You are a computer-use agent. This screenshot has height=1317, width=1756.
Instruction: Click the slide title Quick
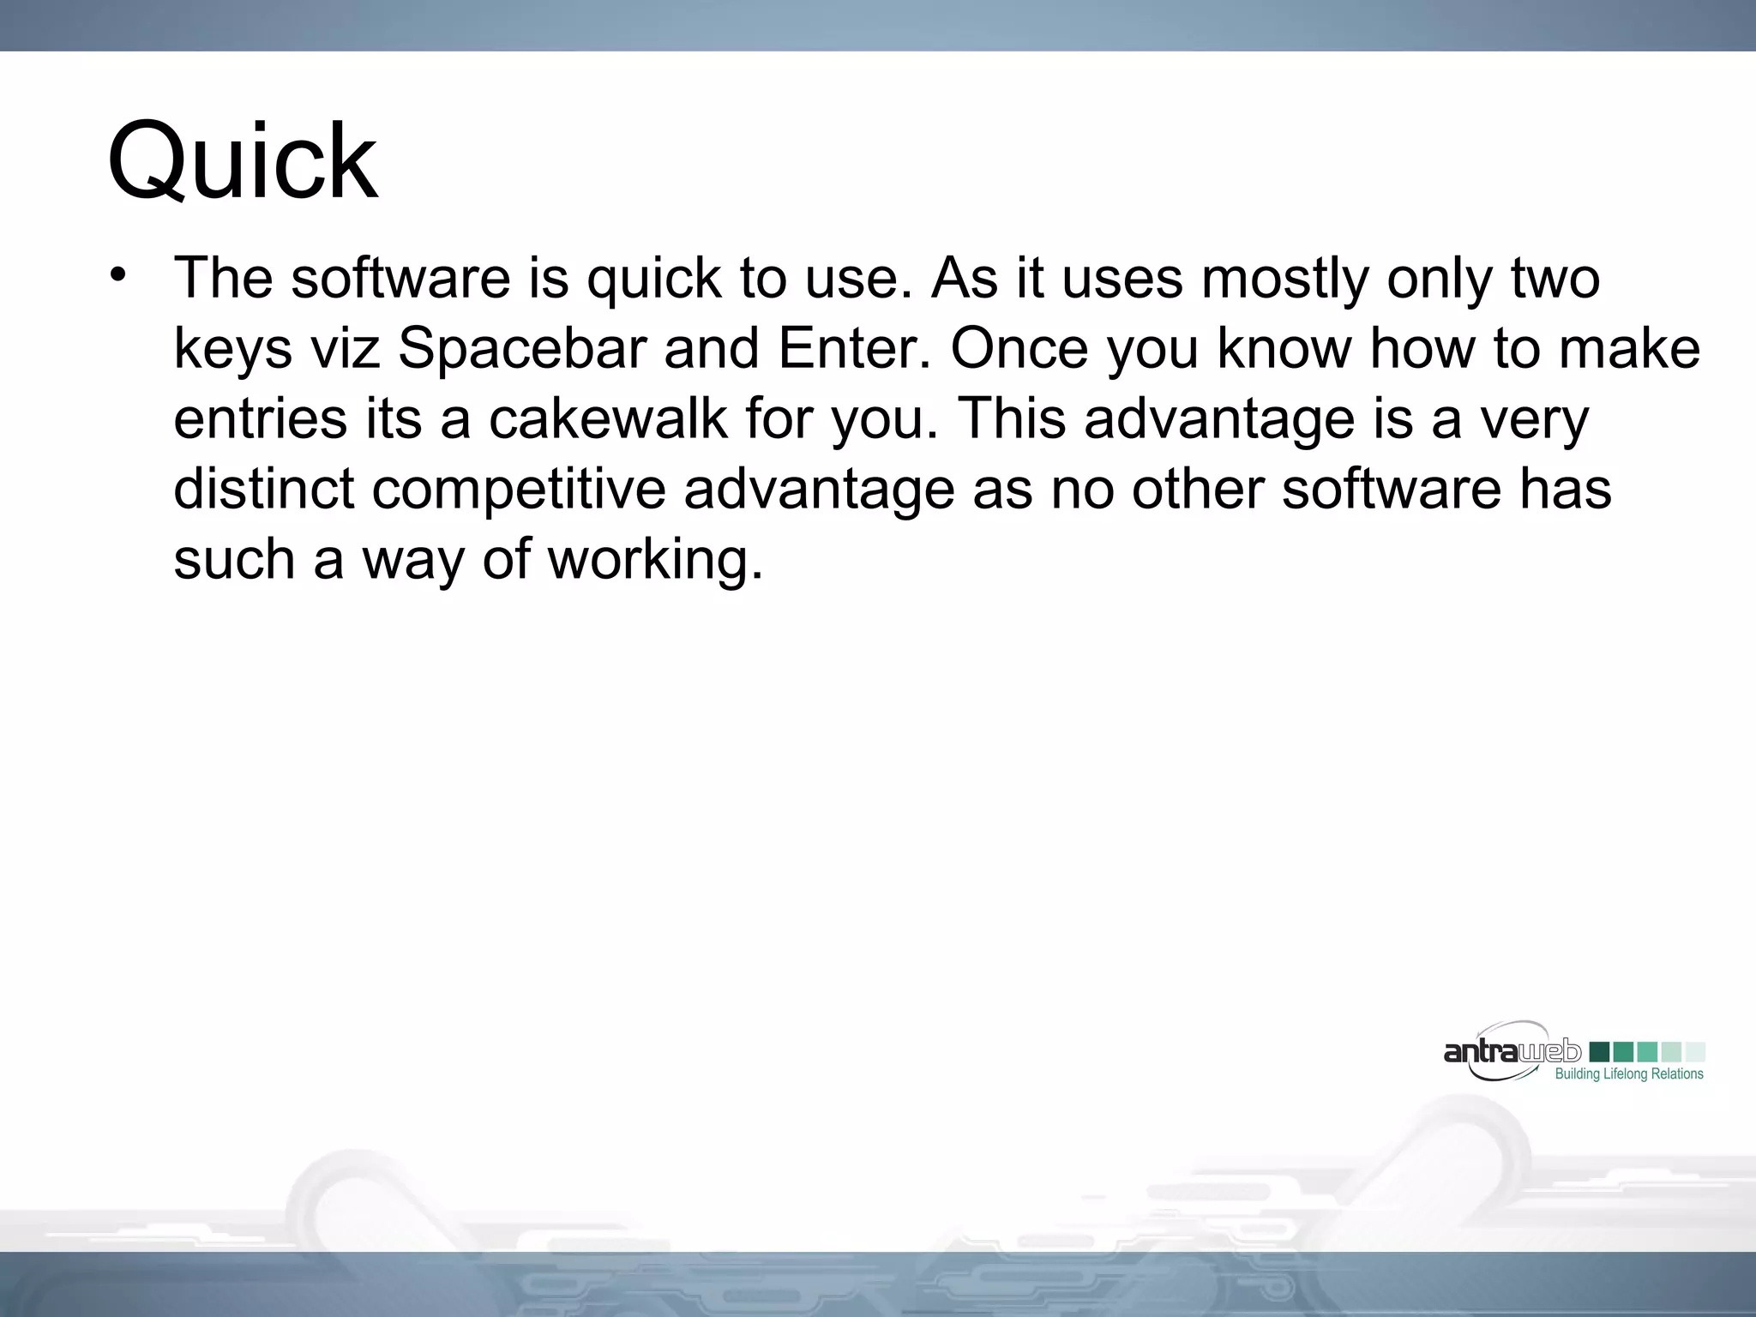point(242,161)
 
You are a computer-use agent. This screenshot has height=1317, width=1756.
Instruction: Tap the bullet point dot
point(118,275)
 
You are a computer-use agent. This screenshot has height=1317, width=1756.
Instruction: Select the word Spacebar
point(522,349)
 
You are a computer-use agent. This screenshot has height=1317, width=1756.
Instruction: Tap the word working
point(654,560)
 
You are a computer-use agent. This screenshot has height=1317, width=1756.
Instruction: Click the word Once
point(1019,349)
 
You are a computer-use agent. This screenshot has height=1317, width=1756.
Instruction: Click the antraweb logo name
point(1512,1051)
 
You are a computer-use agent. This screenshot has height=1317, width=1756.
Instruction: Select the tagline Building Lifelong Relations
point(1628,1074)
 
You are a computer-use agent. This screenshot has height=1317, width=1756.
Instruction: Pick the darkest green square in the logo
point(1599,1052)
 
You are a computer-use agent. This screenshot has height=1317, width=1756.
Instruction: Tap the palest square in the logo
point(1695,1052)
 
